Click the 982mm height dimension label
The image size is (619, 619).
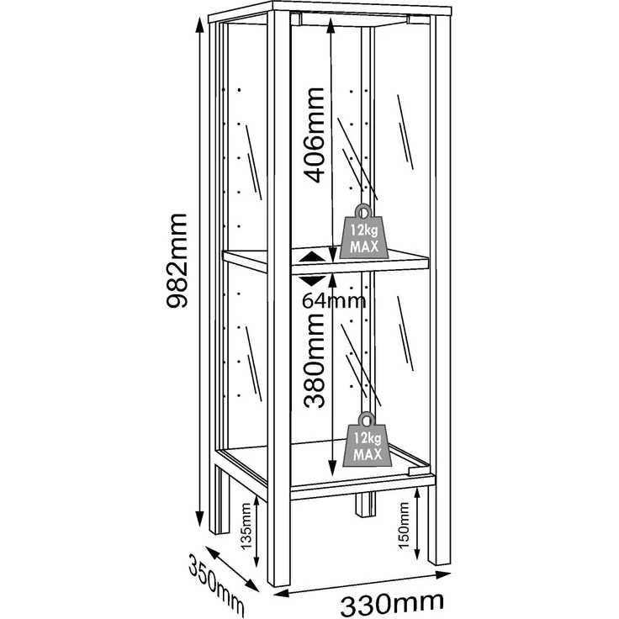[177, 261]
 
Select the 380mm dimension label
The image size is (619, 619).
[315, 361]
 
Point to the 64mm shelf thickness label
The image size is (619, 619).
[334, 301]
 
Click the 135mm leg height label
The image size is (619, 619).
[246, 526]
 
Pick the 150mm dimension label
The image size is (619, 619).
[404, 526]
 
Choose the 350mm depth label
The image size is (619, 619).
[216, 584]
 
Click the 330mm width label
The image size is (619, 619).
[392, 604]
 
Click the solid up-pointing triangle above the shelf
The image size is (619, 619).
[313, 257]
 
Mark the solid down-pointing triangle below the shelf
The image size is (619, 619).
[313, 281]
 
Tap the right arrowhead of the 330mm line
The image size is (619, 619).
[443, 574]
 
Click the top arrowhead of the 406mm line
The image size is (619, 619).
[331, 26]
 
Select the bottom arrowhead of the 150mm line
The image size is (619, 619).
[417, 553]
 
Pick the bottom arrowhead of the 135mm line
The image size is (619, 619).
[257, 560]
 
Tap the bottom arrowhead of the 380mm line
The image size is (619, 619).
[332, 468]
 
